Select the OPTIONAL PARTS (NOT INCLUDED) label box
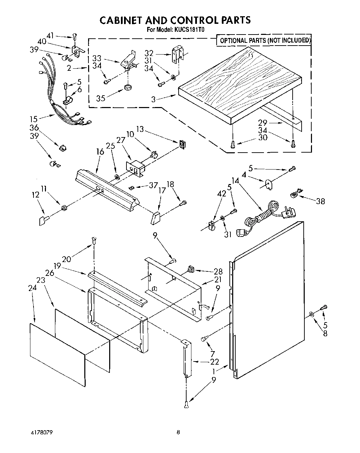[265, 40]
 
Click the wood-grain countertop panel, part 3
[238, 83]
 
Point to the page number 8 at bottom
[178, 432]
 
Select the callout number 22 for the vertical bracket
[215, 362]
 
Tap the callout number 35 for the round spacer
[101, 98]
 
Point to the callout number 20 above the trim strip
[67, 259]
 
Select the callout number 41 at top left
[50, 35]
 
